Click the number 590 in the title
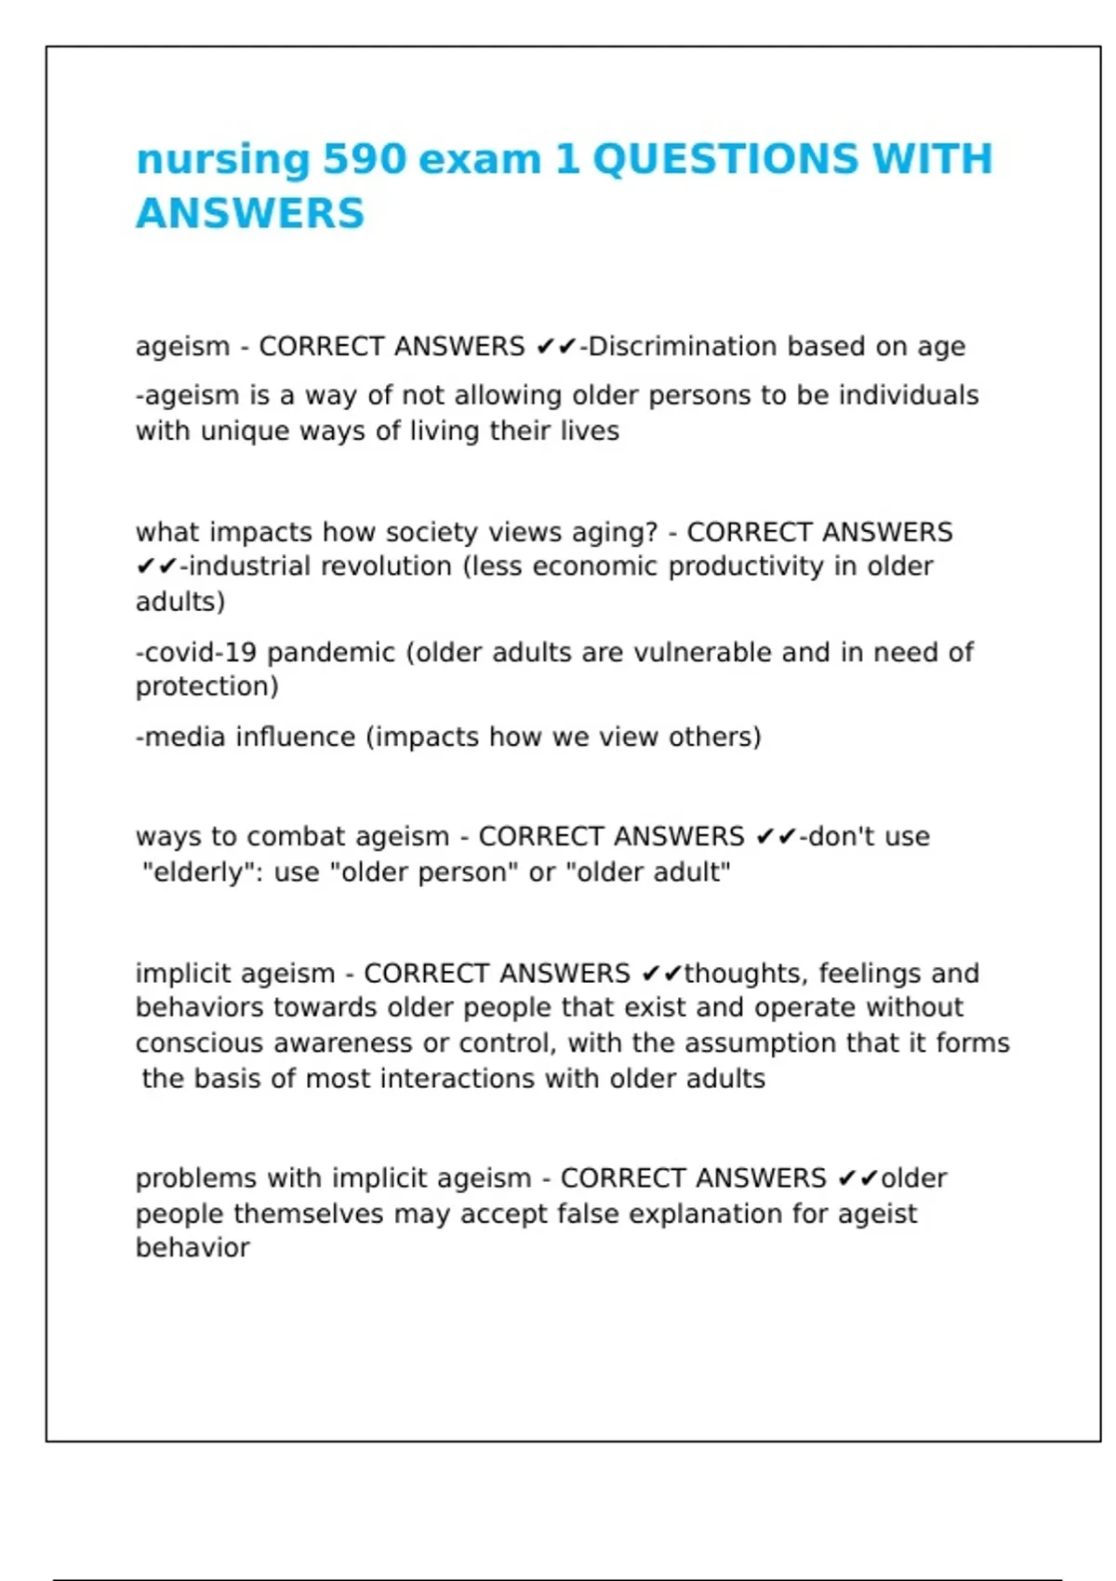(365, 159)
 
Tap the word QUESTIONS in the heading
(723, 159)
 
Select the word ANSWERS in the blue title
(250, 213)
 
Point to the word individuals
(909, 395)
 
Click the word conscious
(199, 1043)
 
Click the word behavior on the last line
(193, 1248)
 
